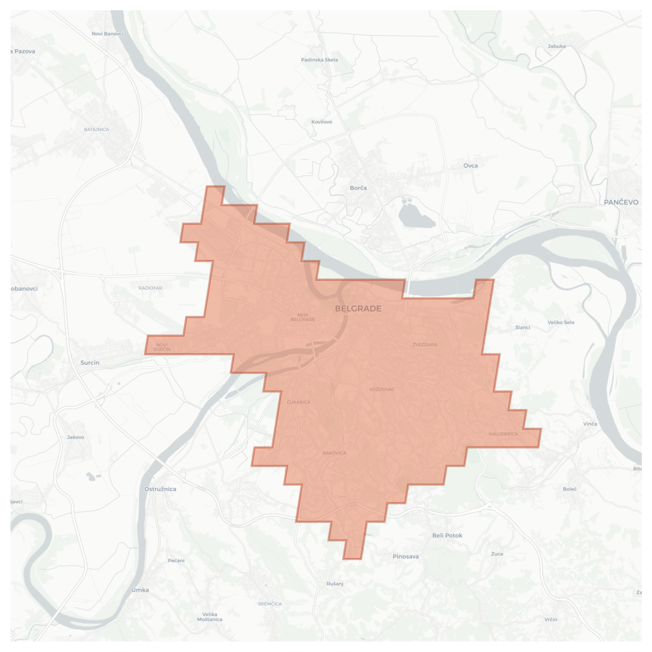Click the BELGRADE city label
click(x=358, y=309)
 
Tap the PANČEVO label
click(x=621, y=202)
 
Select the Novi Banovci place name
click(x=107, y=34)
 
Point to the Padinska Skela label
click(x=319, y=60)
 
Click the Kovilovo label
click(x=321, y=122)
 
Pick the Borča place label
click(x=358, y=188)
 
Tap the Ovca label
click(x=470, y=166)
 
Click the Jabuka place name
click(x=556, y=46)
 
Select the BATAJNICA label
click(x=96, y=129)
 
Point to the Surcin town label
click(x=90, y=363)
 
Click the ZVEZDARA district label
click(x=425, y=344)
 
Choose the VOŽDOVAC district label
click(x=382, y=389)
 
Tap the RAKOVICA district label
click(x=334, y=453)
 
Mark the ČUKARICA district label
click(x=298, y=402)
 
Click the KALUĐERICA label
click(x=503, y=434)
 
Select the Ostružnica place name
click(x=160, y=489)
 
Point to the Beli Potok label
click(x=447, y=535)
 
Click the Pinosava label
click(x=405, y=556)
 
